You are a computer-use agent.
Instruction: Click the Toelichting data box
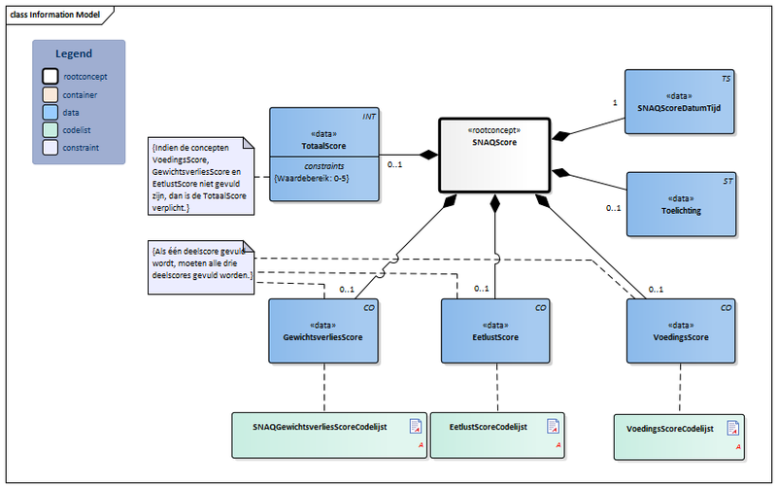pyautogui.click(x=679, y=204)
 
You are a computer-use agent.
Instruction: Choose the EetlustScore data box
pyautogui.click(x=496, y=331)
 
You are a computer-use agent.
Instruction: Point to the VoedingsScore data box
pyautogui.click(x=679, y=331)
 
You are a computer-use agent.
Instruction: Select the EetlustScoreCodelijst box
pyautogui.click(x=496, y=434)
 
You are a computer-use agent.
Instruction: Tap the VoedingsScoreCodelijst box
pyautogui.click(x=679, y=434)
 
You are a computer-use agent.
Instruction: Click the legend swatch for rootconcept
pyautogui.click(x=50, y=75)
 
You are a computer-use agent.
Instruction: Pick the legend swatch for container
pyautogui.click(x=50, y=93)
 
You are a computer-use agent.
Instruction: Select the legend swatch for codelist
pyautogui.click(x=50, y=129)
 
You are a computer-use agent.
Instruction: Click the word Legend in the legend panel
pyautogui.click(x=74, y=53)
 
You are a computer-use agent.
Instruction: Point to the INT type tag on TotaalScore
pyautogui.click(x=369, y=117)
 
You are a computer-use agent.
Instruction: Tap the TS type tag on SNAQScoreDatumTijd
pyautogui.click(x=726, y=77)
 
